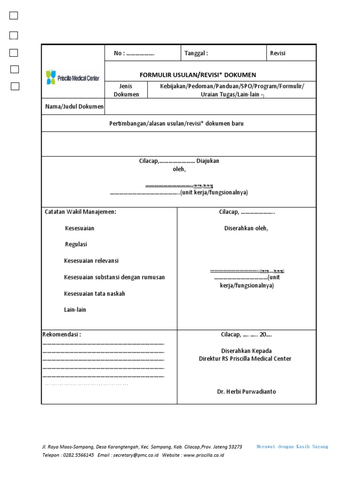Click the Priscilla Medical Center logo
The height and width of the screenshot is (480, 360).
(73, 77)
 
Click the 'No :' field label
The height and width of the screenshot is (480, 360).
(120, 53)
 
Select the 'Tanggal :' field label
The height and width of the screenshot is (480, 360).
(196, 53)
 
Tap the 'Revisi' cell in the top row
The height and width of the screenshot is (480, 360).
(277, 53)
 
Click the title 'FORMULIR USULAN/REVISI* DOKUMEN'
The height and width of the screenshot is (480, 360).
(198, 75)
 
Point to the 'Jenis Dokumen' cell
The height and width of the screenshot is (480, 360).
(127, 90)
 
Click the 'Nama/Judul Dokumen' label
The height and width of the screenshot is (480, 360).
(74, 107)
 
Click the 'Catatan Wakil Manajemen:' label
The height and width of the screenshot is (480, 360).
(80, 212)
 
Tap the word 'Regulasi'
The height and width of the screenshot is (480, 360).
(76, 245)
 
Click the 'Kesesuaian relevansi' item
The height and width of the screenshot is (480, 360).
(91, 261)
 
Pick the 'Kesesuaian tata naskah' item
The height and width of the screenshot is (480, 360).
(95, 294)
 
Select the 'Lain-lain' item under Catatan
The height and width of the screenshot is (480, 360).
(75, 310)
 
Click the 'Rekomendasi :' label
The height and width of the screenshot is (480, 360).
(62, 335)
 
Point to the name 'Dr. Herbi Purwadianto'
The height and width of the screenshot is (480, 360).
(246, 392)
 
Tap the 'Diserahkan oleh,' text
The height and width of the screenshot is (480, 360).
(246, 229)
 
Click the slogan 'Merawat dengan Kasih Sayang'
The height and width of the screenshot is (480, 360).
(292, 447)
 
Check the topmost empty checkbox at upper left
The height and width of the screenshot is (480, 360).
(14, 16)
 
